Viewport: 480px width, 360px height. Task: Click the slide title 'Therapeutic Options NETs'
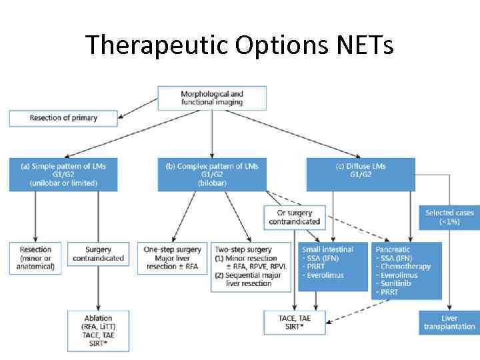click(239, 45)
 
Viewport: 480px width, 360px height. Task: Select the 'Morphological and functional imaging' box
click(212, 98)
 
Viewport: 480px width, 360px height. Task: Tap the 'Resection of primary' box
click(63, 118)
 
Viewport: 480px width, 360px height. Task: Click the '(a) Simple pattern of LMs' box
click(64, 175)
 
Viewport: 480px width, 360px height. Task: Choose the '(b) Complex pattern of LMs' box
click(212, 175)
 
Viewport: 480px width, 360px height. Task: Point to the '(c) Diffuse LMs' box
click(361, 175)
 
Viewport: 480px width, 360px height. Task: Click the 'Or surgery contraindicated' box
click(294, 217)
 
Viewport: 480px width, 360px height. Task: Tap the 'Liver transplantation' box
click(449, 323)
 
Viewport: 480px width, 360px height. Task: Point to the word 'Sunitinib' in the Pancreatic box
click(397, 283)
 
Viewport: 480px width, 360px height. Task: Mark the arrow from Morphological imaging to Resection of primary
click(139, 105)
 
